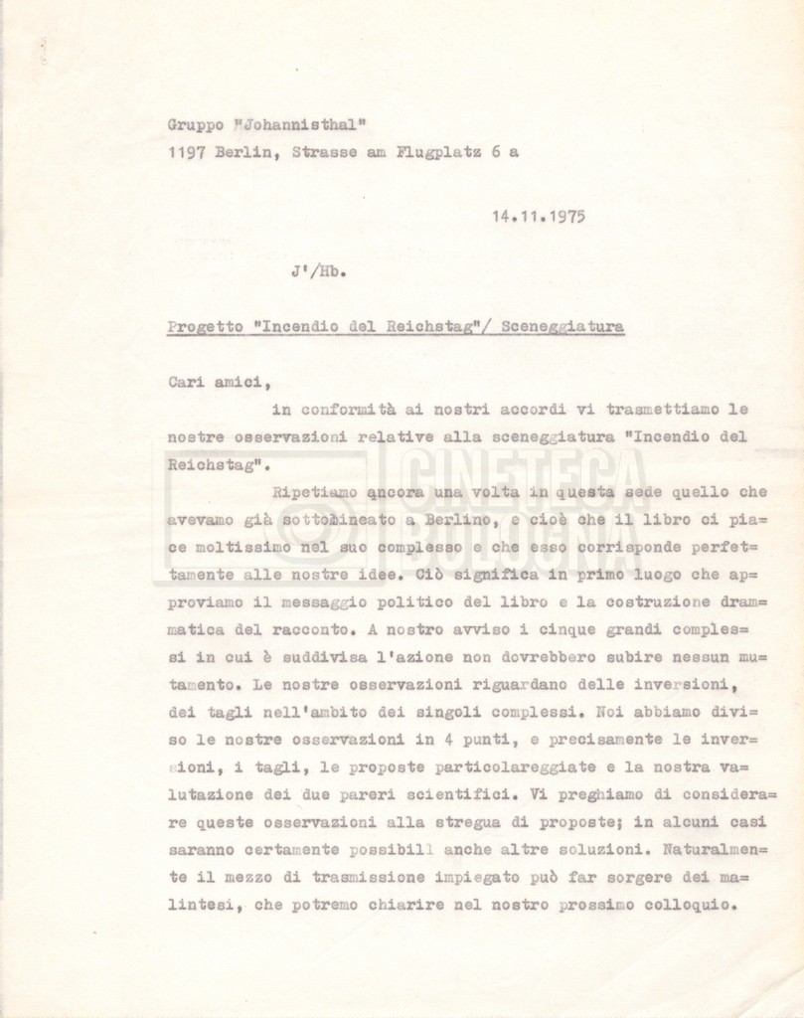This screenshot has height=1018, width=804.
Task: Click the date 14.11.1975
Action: (x=537, y=216)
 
